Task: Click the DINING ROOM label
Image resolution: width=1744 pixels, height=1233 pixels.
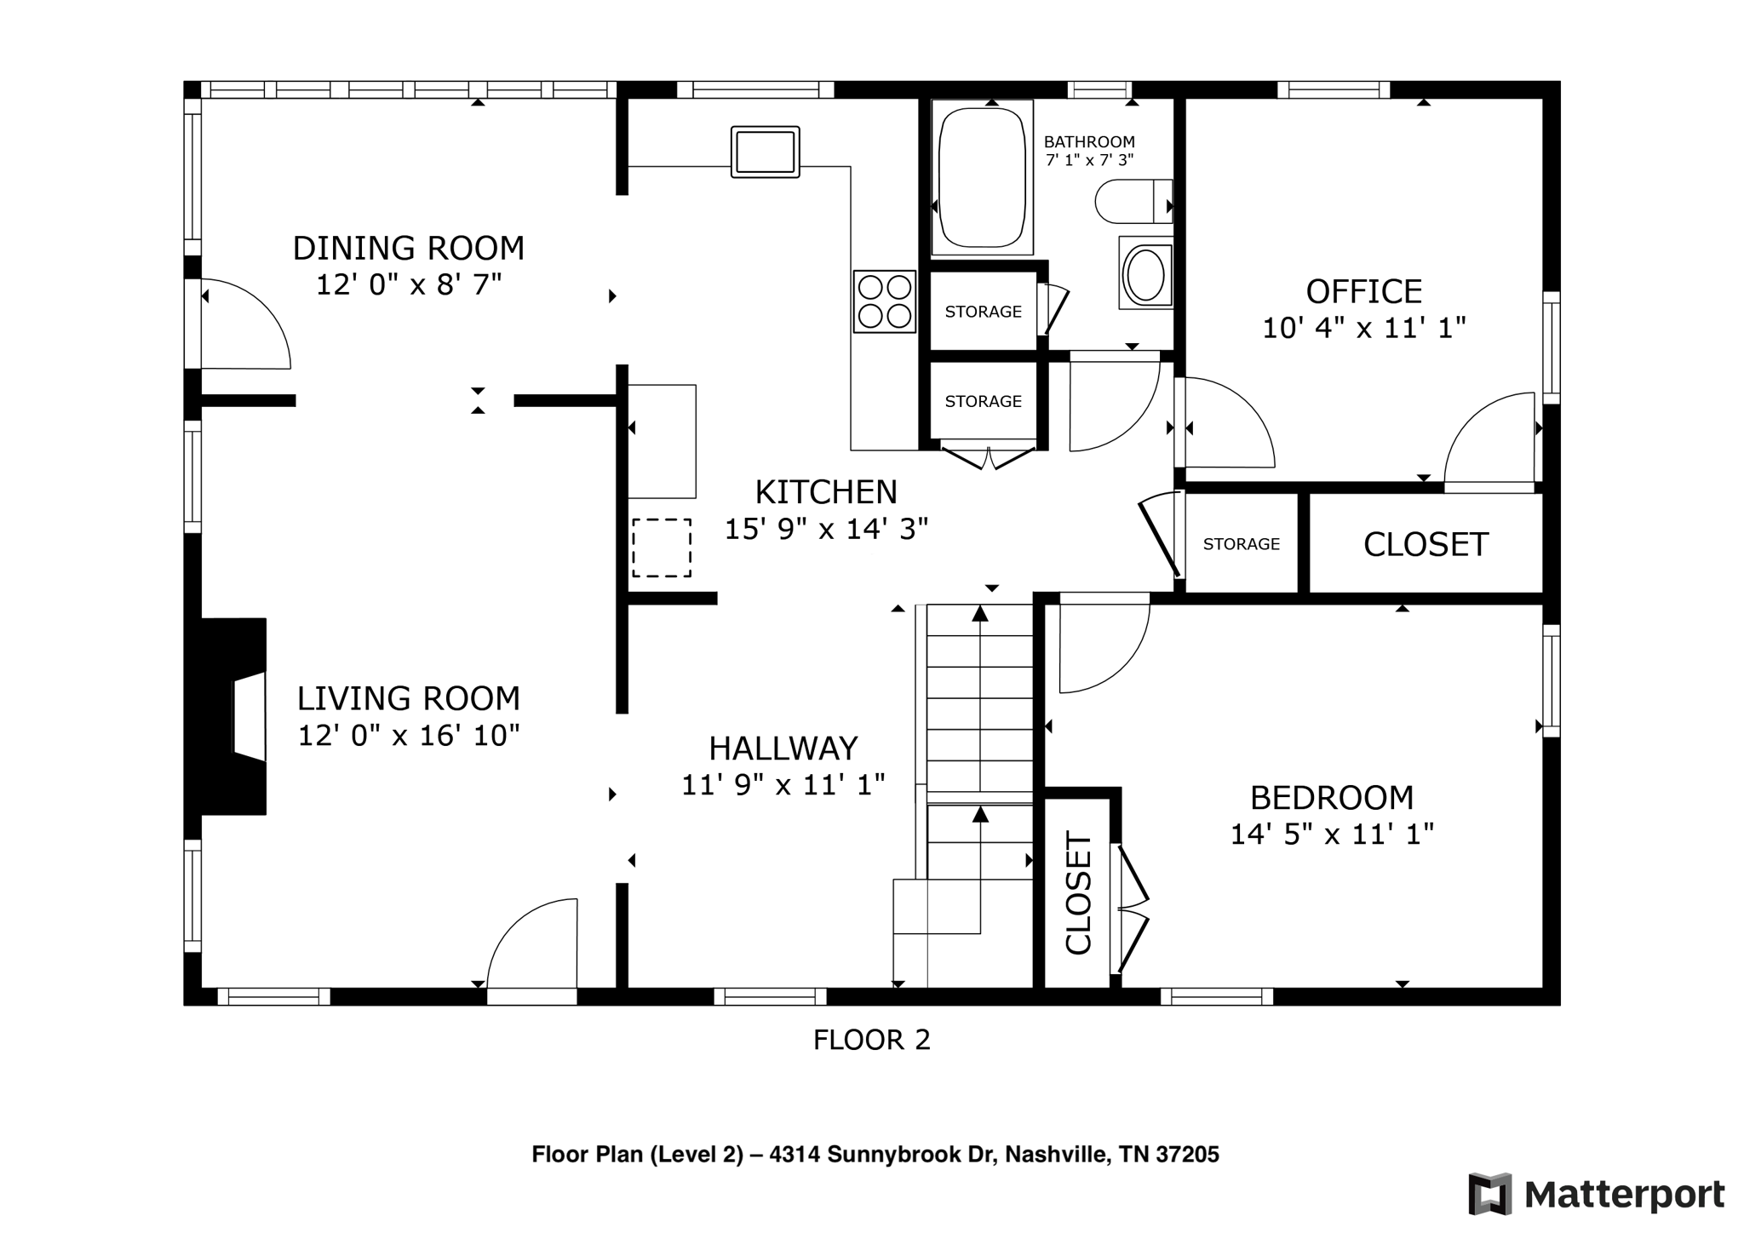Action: coord(408,248)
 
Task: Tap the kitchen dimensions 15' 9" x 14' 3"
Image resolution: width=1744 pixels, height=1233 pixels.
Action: coord(825,529)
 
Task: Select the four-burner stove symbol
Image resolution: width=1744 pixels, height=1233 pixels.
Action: coord(884,301)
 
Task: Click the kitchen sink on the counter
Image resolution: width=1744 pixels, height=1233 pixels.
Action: coord(765,152)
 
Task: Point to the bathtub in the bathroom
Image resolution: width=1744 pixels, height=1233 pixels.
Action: coord(981,177)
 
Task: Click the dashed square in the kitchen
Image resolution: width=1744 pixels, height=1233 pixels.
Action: coord(661,548)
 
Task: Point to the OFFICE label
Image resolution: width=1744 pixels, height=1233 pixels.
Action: coord(1363,291)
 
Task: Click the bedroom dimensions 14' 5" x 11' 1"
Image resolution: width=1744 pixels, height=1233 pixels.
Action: coord(1331,834)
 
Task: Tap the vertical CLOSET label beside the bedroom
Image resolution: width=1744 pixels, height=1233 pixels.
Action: coord(1078,893)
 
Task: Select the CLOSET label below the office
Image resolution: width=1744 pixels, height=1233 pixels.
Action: coord(1426,544)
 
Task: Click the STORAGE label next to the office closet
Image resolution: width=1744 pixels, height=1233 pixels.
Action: coord(1241,544)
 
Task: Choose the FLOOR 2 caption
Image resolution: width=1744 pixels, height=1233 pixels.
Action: coord(871,1040)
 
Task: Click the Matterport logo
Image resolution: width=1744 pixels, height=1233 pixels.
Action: coord(1596,1194)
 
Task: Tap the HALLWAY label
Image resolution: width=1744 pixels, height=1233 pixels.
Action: coord(783,748)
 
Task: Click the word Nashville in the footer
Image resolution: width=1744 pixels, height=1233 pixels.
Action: coord(1056,1155)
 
